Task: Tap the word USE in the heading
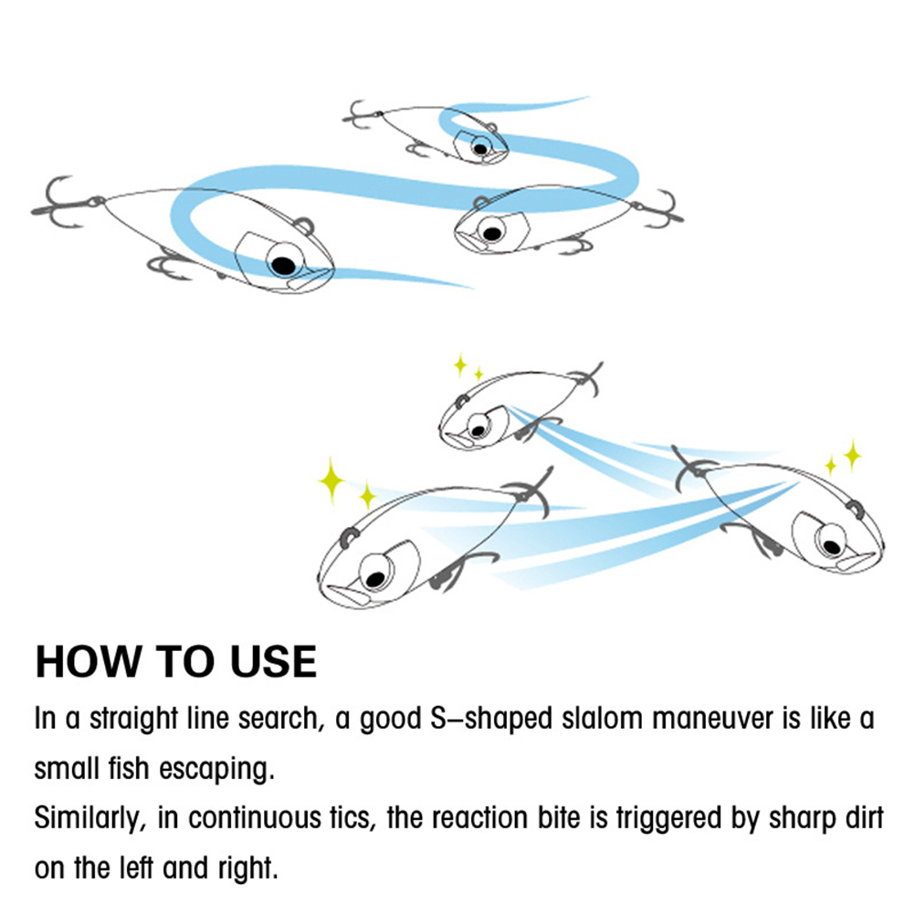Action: [274, 662]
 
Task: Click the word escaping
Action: [216, 770]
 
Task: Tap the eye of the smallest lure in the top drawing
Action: [480, 147]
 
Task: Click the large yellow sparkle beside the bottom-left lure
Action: [331, 480]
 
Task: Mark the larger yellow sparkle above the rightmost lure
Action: [853, 455]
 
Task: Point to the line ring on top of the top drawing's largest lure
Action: [305, 226]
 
